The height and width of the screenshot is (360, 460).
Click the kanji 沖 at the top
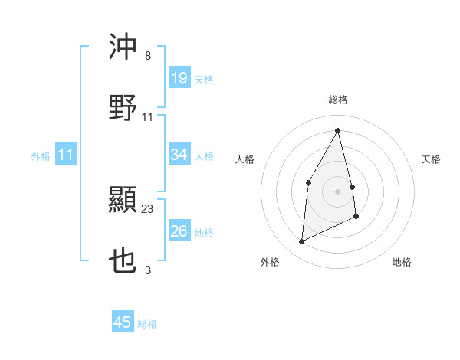[x=123, y=47]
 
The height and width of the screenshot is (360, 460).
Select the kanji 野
[x=123, y=108]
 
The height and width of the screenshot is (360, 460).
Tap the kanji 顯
[x=123, y=201]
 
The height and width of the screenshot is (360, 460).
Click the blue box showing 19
[x=179, y=77]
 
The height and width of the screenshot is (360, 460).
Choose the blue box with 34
[x=179, y=155]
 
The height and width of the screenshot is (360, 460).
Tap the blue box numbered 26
[x=179, y=231]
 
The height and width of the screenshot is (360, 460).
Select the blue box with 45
[x=123, y=322]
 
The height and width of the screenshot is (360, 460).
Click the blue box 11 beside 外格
[x=66, y=155]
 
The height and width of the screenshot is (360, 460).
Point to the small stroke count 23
[x=148, y=208]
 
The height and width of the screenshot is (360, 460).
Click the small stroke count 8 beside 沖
[x=148, y=55]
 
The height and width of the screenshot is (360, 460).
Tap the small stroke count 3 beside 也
[x=148, y=270]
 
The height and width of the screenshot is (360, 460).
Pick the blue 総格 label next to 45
[x=147, y=324]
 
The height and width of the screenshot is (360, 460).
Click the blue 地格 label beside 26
[x=204, y=233]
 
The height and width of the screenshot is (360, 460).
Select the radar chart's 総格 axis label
[x=338, y=100]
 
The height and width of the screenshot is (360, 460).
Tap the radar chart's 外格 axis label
[x=270, y=263]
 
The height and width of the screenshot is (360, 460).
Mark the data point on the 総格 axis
[x=338, y=130]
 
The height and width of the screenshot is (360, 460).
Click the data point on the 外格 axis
[x=302, y=242]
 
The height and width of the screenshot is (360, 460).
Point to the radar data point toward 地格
[x=356, y=218]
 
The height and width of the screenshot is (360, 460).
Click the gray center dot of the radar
[x=338, y=191]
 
